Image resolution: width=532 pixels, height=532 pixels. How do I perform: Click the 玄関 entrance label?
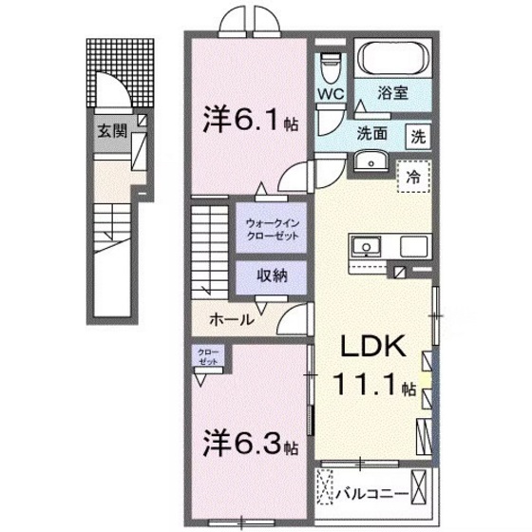coord(105,131)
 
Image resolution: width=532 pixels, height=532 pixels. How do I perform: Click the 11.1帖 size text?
coord(374,387)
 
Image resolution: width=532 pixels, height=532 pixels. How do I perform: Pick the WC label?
coord(330,94)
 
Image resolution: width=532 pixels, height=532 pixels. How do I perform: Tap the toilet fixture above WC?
coord(330,64)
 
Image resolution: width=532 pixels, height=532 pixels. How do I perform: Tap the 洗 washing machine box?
coord(418,136)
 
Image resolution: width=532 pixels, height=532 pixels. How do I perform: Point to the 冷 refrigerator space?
coord(413,176)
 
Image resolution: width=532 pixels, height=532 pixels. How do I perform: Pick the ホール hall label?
coord(231,319)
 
